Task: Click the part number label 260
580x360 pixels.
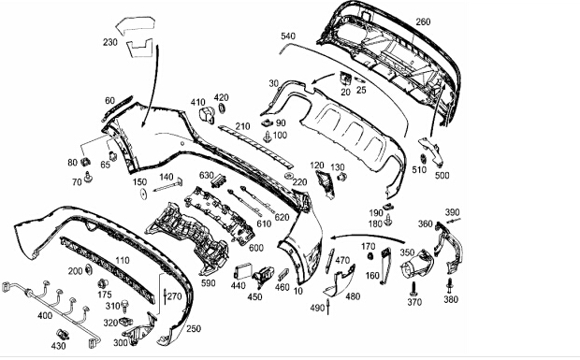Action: [423, 22]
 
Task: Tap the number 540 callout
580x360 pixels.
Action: [288, 36]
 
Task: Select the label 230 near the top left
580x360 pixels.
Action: [110, 42]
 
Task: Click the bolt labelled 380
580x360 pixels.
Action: [449, 286]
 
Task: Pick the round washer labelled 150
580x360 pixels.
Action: [143, 194]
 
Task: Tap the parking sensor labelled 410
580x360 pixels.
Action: [207, 115]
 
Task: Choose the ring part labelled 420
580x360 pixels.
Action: [223, 108]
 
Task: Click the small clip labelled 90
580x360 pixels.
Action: [267, 122]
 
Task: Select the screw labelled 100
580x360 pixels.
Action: [267, 137]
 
